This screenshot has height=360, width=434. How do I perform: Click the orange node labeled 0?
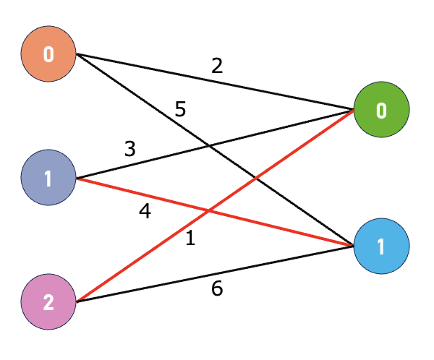pos(48,54)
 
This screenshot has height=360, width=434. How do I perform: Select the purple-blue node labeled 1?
pos(48,178)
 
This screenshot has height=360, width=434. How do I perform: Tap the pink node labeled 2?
pos(48,301)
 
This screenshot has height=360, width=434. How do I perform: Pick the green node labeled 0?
pos(381,111)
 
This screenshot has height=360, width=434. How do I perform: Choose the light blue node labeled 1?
pos(381,246)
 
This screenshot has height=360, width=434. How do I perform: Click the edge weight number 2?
pos(217,67)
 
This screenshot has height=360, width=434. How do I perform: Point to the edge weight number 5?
pos(180,111)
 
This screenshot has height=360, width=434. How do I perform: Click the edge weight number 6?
pos(217,289)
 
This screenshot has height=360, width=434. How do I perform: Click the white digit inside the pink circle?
pos(48,301)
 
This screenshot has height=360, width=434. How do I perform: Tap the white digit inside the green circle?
pos(381,111)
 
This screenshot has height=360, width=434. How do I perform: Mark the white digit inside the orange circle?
pos(48,54)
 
